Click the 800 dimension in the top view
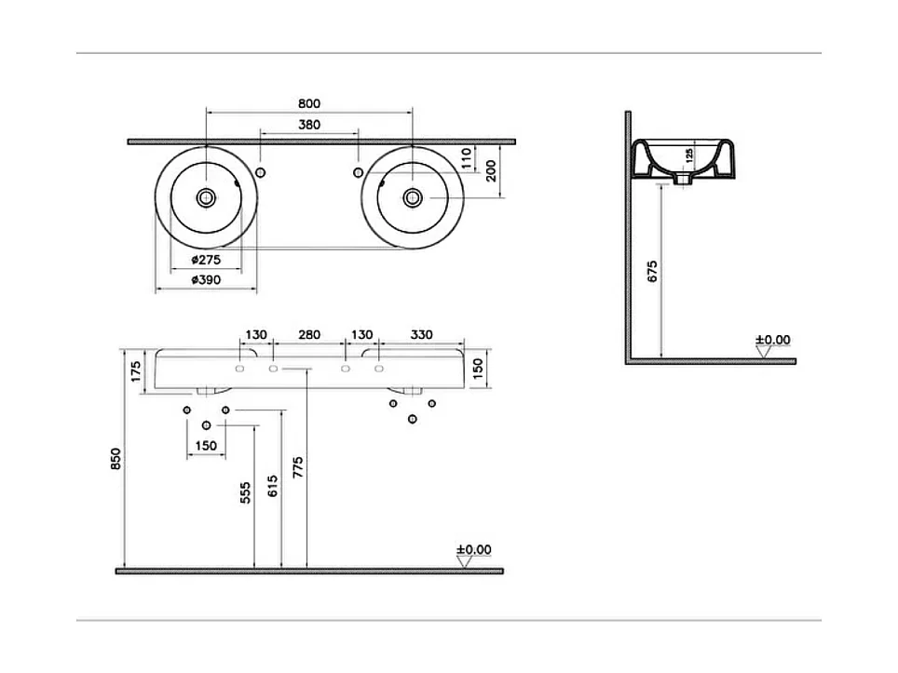pos(309,102)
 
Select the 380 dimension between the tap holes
pos(309,125)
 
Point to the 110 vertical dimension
pos(467,157)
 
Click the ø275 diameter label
pos(206,261)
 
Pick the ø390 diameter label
pos(206,280)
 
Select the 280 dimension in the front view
pos(309,335)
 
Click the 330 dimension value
pos(421,335)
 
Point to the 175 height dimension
pos(136,370)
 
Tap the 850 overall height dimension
pos(116,459)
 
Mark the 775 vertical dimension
pos(297,466)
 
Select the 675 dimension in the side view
pos(652,271)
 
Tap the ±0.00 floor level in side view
pos(772,340)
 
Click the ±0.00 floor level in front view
pos(473,550)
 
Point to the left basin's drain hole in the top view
pos(206,196)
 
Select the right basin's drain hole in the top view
pos(412,196)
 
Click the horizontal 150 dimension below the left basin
pos(206,446)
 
